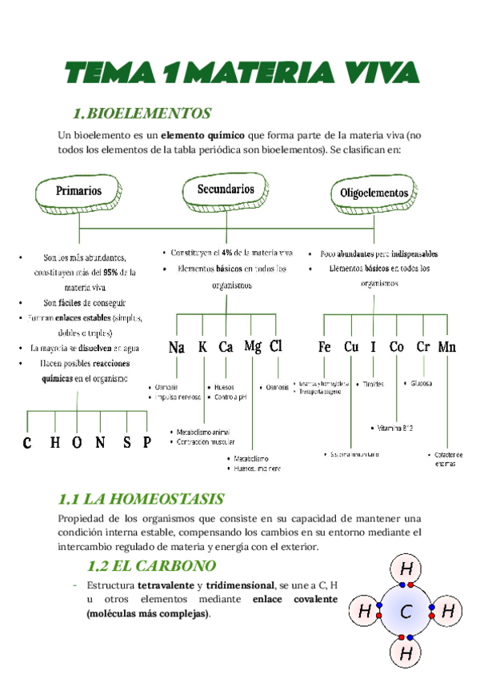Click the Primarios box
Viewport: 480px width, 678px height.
pyautogui.click(x=78, y=192)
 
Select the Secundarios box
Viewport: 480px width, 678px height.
pyautogui.click(x=226, y=190)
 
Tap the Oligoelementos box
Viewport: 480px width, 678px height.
pyautogui.click(x=374, y=193)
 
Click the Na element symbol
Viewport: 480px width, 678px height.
pyautogui.click(x=177, y=348)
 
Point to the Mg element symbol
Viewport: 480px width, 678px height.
pyautogui.click(x=253, y=347)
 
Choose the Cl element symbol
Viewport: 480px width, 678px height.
pyautogui.click(x=276, y=347)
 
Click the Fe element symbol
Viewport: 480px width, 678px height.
pyautogui.click(x=324, y=348)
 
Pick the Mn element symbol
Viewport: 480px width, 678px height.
pyautogui.click(x=447, y=348)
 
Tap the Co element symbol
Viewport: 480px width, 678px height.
pyautogui.click(x=397, y=348)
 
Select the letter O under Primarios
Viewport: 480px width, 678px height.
pyautogui.click(x=77, y=444)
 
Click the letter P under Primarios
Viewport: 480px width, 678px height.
pyautogui.click(x=146, y=444)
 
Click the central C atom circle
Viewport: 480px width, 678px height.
pyautogui.click(x=406, y=613)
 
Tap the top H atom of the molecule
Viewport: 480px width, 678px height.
pyautogui.click(x=406, y=570)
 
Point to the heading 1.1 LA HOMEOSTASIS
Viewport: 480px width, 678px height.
pyautogui.click(x=142, y=499)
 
